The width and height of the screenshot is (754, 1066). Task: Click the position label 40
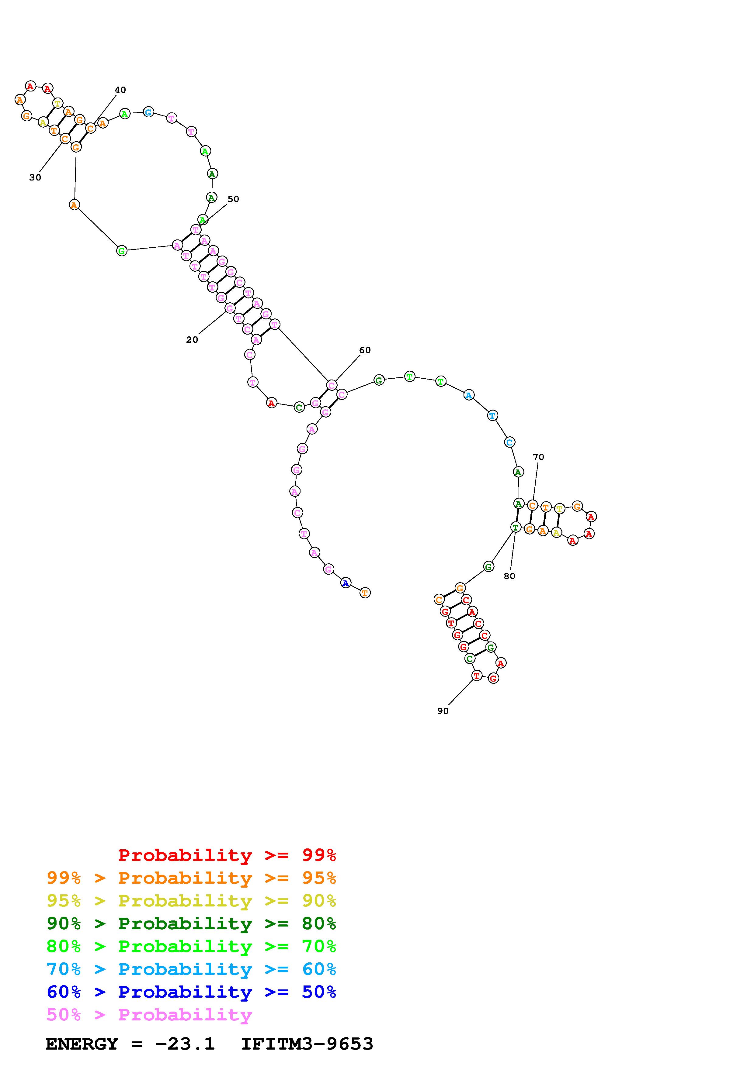tap(120, 90)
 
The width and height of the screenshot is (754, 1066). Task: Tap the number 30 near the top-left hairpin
tap(35, 177)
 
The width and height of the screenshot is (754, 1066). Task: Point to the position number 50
tap(233, 199)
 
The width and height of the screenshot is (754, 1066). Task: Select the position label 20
tap(192, 339)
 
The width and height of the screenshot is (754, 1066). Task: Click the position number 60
tap(365, 350)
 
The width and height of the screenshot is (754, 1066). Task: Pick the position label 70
tap(538, 457)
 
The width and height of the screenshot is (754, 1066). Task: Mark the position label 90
tap(443, 711)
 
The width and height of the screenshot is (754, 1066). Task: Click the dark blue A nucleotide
tap(346, 583)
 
